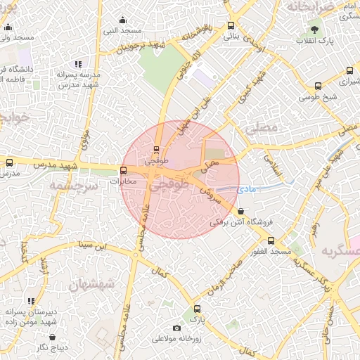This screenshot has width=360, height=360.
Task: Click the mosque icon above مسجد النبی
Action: coord(124,20)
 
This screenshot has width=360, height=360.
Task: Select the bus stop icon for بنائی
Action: coord(231,26)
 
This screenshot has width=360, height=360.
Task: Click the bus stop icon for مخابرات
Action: coord(124,170)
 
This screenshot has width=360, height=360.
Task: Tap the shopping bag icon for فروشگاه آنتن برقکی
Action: coord(241,211)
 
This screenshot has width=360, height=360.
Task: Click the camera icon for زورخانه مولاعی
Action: coord(176,328)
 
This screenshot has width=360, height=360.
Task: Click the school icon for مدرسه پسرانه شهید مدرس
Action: coord(78,64)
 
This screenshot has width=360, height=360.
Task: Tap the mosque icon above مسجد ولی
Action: coord(8,27)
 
